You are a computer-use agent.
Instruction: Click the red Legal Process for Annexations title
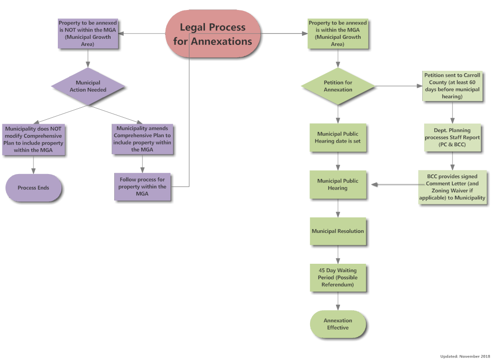point(213,34)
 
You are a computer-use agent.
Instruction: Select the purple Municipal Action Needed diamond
point(88,86)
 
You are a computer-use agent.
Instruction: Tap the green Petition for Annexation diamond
point(338,86)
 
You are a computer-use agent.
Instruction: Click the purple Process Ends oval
point(34,188)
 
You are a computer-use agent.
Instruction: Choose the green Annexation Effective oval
point(338,324)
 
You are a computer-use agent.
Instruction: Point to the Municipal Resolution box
point(338,231)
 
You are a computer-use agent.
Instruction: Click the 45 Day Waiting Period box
point(338,278)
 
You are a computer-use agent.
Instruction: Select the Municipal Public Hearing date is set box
point(338,138)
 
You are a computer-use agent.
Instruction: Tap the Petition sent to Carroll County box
point(452,86)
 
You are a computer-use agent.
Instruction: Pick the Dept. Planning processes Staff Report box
point(452,138)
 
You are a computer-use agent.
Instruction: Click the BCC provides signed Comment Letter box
point(452,187)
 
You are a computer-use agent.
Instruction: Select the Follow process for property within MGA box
point(143,187)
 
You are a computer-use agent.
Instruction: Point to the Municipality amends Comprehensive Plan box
point(143,139)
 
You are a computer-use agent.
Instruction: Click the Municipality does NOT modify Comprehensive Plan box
point(34,139)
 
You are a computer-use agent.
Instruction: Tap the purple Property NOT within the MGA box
point(88,34)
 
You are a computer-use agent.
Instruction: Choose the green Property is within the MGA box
point(337,34)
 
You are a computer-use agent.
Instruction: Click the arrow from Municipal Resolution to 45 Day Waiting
point(338,254)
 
